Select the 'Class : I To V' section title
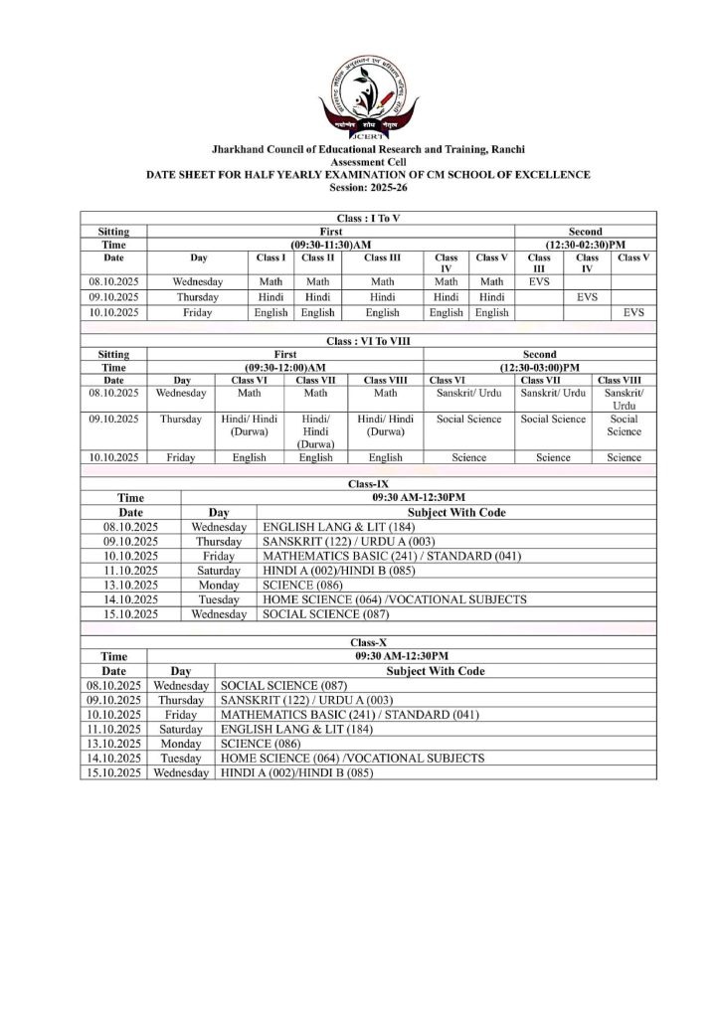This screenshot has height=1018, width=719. point(368,218)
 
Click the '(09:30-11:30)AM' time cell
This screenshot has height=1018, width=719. point(331,244)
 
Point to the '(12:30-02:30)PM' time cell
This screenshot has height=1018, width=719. point(585,244)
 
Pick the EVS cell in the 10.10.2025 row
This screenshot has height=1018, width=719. point(633,312)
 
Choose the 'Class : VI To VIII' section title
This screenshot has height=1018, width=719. point(368,341)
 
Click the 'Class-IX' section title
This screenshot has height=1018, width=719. point(368,482)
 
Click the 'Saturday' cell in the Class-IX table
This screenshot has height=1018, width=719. point(219,571)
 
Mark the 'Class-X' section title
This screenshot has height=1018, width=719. point(368,643)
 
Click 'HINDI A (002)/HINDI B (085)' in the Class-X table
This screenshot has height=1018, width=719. point(296,772)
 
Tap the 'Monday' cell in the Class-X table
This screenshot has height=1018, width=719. point(181,744)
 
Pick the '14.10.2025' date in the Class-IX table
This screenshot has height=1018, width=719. point(130,600)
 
